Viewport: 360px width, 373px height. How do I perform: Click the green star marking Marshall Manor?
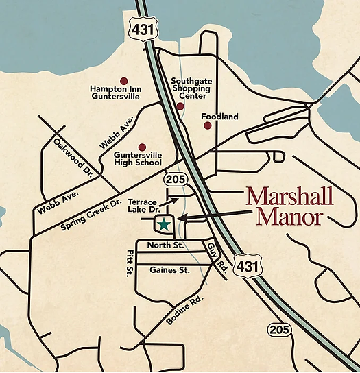click(164, 224)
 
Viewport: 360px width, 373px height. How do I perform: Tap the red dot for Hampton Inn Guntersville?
click(123, 80)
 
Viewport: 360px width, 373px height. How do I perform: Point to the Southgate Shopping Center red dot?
click(180, 106)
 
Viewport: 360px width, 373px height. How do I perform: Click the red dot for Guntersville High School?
click(143, 147)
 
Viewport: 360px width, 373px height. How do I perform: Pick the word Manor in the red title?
click(289, 218)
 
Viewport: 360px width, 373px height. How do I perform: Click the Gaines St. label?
click(169, 270)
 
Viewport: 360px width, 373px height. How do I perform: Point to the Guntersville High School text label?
click(138, 158)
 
